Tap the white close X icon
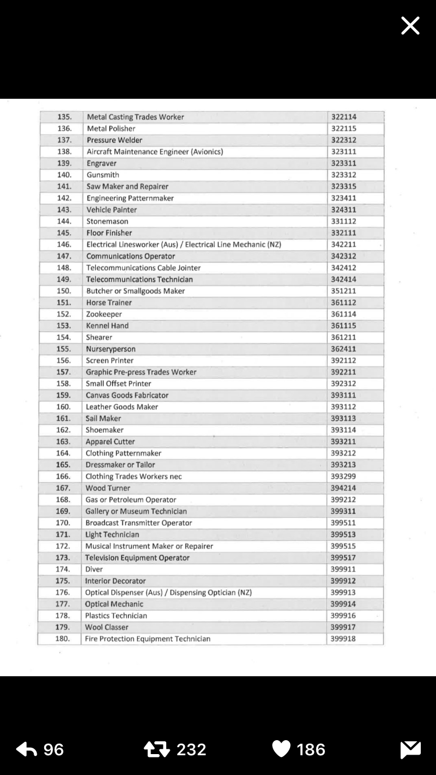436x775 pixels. pos(410,26)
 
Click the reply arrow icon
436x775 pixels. pos(27,749)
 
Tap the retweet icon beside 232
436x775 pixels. pos(156,749)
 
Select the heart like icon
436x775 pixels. pos(281,749)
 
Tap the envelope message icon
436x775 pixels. pos(410,749)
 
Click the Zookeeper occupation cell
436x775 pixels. pos(104,314)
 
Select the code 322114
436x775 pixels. pos(344,117)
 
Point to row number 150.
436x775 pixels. pos(63,291)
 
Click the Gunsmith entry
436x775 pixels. pos(103,175)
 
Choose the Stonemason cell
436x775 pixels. pos(108,221)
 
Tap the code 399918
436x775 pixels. pos(343,639)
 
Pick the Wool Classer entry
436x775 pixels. pos(106,627)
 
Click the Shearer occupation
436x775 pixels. pos(99,338)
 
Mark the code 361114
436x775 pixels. pos(344,314)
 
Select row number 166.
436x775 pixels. pos(63,476)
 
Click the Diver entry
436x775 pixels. pos(94,569)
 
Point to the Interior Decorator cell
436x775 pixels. pos(115,581)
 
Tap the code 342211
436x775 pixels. pos(344,245)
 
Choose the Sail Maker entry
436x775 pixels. pos(103,418)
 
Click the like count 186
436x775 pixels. pos(311,749)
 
